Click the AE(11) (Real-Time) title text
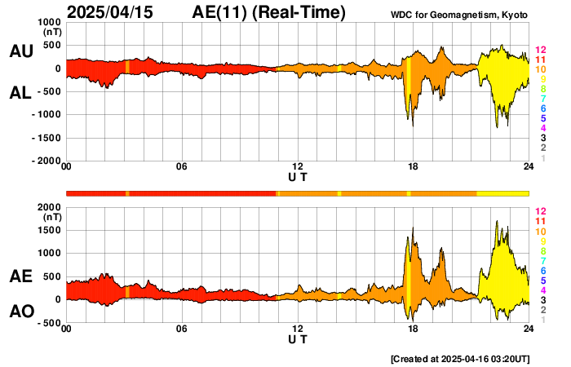click(x=269, y=12)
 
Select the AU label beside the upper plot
click(x=20, y=51)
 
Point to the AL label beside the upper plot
click(x=20, y=93)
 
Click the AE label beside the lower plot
click(x=20, y=276)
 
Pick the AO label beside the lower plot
click(x=20, y=312)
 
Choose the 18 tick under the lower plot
click(x=414, y=329)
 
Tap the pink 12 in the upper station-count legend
click(x=540, y=51)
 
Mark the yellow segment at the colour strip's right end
click(x=502, y=192)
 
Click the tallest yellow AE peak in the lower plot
click(x=496, y=222)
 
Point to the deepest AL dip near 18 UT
click(x=412, y=125)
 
